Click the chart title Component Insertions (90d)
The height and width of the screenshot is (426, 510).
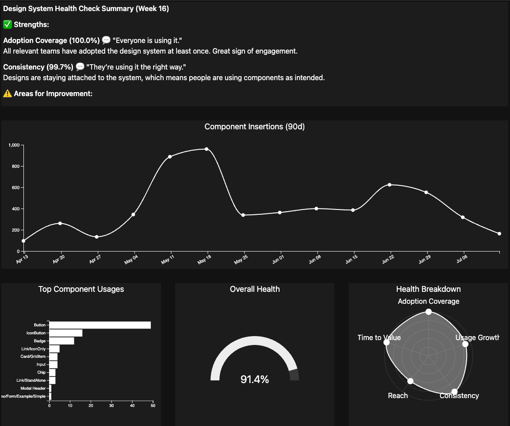coord(254,127)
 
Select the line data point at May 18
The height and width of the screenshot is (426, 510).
coord(207,149)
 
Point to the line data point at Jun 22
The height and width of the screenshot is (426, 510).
coord(390,185)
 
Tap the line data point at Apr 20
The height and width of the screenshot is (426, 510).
coord(60,223)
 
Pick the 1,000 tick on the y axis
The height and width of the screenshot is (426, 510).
coord(13,145)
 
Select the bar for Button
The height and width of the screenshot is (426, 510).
coord(100,325)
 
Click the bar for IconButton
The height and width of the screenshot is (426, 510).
coord(66,333)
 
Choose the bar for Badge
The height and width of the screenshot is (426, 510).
coord(62,341)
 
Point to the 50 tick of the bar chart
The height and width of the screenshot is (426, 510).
coord(153,406)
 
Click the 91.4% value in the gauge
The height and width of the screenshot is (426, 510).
coord(254,380)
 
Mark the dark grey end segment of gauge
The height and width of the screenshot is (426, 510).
coord(294,375)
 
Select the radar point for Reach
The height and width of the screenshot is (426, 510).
coord(410,381)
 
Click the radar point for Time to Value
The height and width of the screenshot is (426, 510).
coord(387,343)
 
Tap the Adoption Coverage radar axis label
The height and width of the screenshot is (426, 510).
coord(429,301)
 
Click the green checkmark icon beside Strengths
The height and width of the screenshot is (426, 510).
coord(7,24)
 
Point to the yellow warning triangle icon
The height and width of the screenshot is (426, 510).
coord(7,93)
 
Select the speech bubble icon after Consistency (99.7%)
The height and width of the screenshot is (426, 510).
coord(80,67)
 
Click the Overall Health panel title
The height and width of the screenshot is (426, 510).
coord(255,289)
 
